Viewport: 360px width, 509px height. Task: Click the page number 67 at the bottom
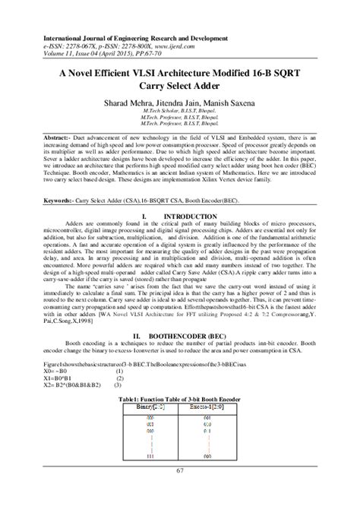pyautogui.click(x=179, y=495)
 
